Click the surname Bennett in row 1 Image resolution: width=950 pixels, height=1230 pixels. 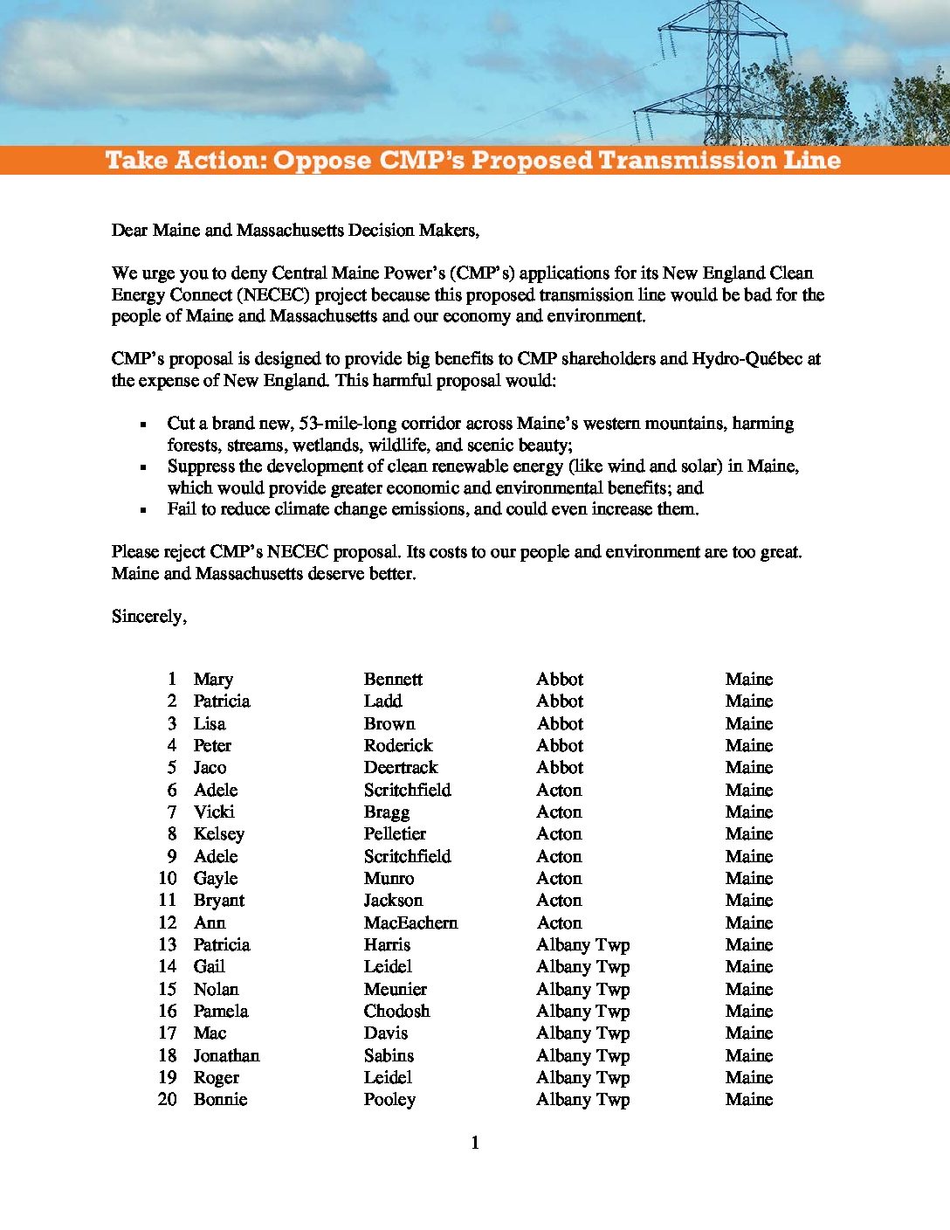[x=393, y=680]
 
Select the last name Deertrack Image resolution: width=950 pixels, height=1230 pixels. [x=401, y=768]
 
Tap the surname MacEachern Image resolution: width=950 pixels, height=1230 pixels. [x=410, y=923]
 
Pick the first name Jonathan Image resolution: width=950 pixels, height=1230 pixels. [x=226, y=1056]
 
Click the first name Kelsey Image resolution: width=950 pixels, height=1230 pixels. [x=218, y=834]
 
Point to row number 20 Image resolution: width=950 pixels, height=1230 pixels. [x=167, y=1100]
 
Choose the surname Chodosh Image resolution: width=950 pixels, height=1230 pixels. [x=396, y=1012]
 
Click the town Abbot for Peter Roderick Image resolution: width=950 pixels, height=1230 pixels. [x=560, y=746]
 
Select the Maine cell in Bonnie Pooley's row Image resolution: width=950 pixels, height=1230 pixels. [x=748, y=1100]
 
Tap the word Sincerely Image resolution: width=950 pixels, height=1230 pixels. [x=148, y=617]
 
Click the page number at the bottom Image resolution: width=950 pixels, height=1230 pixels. [x=475, y=1144]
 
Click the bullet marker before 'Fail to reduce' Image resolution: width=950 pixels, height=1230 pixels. [x=142, y=510]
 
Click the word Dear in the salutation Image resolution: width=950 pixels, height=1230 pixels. [x=129, y=231]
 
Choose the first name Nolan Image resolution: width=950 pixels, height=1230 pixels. [x=216, y=990]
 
